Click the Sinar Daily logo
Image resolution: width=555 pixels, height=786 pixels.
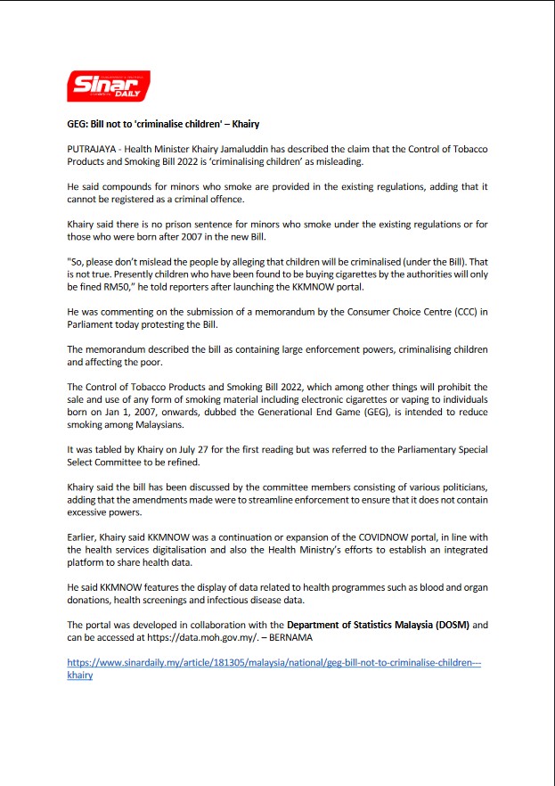click(x=110, y=86)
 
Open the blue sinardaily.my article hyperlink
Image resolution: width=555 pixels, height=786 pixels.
click(x=274, y=664)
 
